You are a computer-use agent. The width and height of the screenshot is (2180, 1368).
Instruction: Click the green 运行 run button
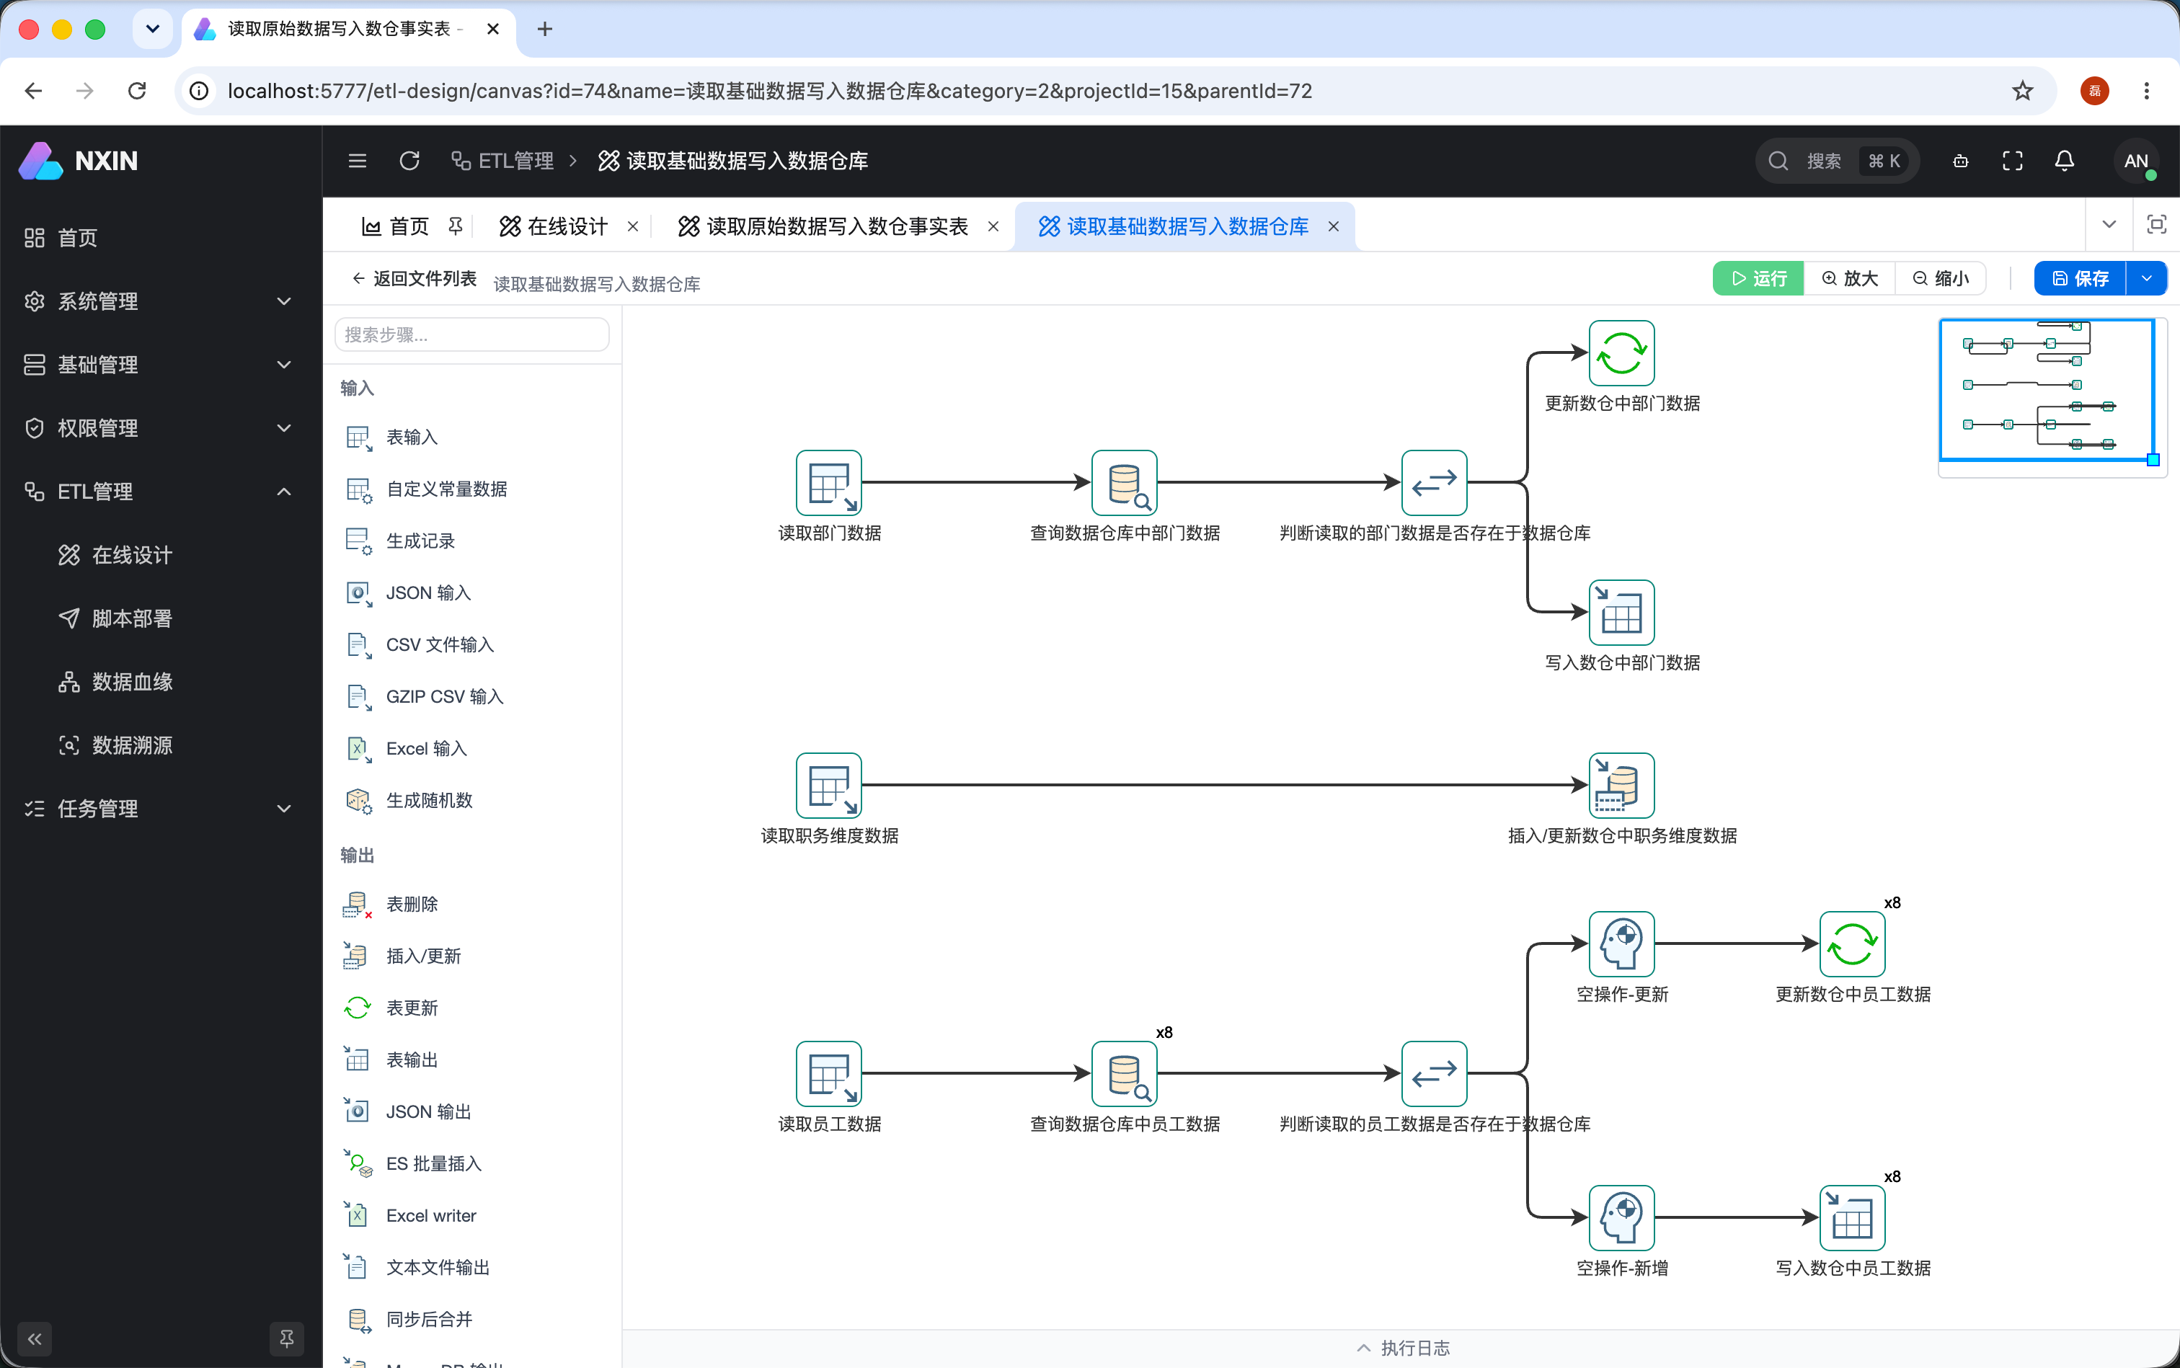1758,279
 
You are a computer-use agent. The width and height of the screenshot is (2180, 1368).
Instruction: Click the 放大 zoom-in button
1850,279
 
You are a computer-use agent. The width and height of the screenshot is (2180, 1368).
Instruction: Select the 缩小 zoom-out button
1940,279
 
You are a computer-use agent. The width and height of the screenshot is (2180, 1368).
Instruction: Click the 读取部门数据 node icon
828,482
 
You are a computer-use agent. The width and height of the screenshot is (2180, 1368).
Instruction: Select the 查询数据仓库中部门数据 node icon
1124,482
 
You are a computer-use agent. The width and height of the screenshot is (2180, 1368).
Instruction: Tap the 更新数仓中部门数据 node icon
1621,353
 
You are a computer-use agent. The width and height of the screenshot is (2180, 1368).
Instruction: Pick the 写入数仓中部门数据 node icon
1621,613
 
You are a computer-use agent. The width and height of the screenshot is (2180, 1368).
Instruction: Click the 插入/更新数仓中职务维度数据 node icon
1621,786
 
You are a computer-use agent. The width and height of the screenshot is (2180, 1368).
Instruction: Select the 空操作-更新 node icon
1621,943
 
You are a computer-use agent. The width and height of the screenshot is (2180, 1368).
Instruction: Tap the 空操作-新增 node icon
1621,1218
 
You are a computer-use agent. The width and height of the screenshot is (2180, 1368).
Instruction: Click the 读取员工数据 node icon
828,1074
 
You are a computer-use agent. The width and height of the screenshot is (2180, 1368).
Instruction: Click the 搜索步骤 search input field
471,334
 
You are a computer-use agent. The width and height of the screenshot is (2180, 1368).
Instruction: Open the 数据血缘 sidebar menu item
132,682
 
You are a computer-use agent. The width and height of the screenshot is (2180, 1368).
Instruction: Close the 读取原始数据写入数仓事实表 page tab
993,226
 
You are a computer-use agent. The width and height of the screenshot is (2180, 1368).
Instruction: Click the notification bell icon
2064,161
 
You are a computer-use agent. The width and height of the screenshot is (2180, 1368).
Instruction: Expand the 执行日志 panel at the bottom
1403,1348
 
